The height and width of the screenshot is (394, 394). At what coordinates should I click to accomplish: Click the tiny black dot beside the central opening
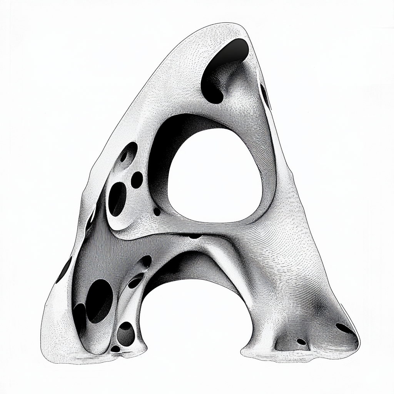click(x=157, y=212)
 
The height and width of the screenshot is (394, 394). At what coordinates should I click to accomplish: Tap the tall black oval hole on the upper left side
click(x=117, y=199)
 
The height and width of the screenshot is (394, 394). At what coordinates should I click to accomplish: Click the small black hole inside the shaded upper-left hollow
click(x=124, y=157)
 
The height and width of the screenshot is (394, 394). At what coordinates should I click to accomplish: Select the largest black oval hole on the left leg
click(x=99, y=301)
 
